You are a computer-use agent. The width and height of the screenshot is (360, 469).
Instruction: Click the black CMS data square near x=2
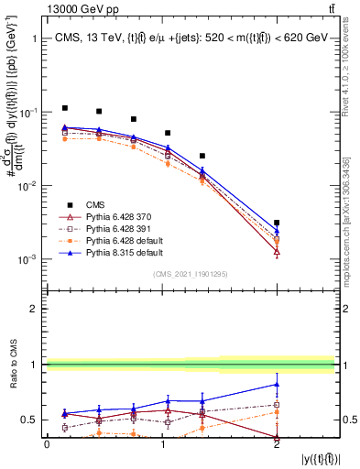(x=277, y=223)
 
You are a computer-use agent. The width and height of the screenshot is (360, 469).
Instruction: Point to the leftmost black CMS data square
(x=64, y=108)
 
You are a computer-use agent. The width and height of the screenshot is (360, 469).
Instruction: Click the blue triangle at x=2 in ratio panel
(x=277, y=384)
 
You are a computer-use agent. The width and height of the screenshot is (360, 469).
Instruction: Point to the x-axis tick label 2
(x=277, y=444)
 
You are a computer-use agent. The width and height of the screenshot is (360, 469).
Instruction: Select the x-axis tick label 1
(x=162, y=444)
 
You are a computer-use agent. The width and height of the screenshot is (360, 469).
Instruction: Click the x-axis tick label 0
(x=47, y=444)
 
